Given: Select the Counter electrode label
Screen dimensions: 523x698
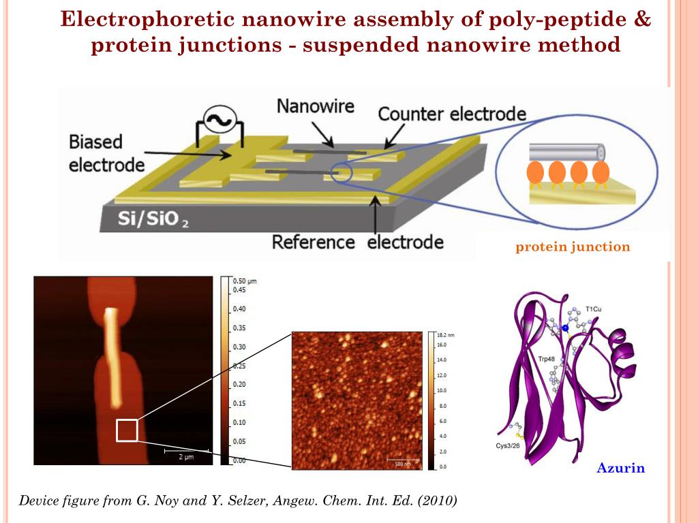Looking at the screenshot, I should point(452,113).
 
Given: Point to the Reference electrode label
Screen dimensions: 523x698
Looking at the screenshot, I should point(358,242).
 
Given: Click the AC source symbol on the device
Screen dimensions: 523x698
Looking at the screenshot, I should point(221,122).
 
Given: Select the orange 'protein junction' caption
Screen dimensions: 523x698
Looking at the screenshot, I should point(573,247).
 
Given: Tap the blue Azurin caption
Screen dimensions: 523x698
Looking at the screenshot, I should point(620,468).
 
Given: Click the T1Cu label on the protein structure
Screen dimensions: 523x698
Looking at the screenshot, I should point(593,309).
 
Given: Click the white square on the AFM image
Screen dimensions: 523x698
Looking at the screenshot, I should point(127,430).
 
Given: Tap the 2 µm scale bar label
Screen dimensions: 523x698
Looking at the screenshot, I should point(185,457).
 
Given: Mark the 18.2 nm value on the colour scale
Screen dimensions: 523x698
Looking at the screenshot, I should point(446,336).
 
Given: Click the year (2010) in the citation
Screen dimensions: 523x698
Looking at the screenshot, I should point(436,501).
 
